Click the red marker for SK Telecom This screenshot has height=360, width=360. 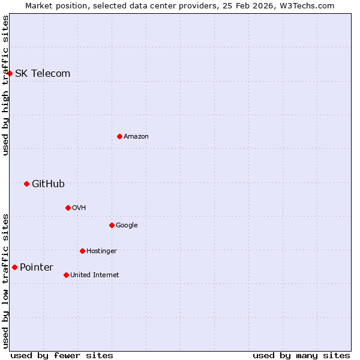click(x=10, y=73)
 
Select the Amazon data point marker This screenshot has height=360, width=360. click(x=119, y=136)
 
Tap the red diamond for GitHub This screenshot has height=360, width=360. click(x=26, y=184)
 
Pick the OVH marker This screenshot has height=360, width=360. click(x=68, y=208)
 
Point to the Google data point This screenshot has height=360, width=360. click(x=112, y=225)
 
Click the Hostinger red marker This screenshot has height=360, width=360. click(x=82, y=251)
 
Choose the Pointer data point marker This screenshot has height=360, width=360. click(x=14, y=267)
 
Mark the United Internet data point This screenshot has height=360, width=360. click(x=66, y=275)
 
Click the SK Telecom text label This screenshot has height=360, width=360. click(x=43, y=73)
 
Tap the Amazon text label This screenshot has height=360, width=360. click(x=136, y=136)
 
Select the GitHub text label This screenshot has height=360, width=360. click(x=48, y=184)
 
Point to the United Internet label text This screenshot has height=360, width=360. click(x=95, y=275)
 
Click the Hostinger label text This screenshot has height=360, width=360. click(x=101, y=251)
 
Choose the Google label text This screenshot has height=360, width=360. click(x=127, y=225)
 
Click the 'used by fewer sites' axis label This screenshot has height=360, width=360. click(x=62, y=355)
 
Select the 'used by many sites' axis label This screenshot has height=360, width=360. click(x=301, y=355)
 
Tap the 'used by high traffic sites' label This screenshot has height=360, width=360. click(x=5, y=85)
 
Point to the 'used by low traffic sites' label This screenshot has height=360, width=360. click(x=5, y=281)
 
